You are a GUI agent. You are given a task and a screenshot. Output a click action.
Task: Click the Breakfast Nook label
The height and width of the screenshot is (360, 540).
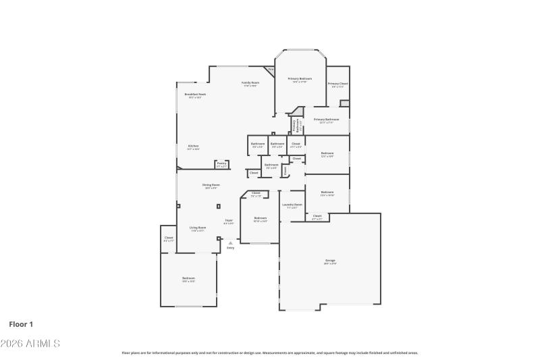[195, 95]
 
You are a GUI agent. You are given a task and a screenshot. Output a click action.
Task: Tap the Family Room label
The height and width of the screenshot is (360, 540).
[250, 83]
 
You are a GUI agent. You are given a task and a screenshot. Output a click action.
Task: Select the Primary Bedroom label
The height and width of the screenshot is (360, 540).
[300, 79]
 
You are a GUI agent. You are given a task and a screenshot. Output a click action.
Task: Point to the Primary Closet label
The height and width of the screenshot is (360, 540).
[337, 84]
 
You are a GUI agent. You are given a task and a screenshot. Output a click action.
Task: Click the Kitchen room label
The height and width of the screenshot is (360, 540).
[193, 147]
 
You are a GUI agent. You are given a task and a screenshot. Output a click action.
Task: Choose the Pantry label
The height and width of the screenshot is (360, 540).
[221, 163]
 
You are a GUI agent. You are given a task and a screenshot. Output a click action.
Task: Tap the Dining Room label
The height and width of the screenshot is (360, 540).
[211, 185]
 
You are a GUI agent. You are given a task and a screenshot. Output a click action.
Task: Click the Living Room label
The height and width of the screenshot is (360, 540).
[197, 228]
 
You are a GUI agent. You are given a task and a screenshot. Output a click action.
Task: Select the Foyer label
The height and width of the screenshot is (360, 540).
[229, 221]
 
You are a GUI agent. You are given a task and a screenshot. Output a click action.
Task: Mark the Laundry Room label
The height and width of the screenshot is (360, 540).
[292, 205]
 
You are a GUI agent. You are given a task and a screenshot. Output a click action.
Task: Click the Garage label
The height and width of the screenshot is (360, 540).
[330, 261]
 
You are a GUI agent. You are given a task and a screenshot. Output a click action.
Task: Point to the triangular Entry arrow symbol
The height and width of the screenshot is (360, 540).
[230, 242]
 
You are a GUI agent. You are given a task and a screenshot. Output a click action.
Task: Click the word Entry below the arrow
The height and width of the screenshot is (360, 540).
[230, 248]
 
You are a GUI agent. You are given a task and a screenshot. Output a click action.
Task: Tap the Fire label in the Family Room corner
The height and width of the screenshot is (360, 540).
[271, 70]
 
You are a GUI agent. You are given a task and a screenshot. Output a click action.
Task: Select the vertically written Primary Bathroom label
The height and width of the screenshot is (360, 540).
[296, 125]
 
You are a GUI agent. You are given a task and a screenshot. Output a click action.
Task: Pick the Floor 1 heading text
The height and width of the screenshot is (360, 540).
[21, 324]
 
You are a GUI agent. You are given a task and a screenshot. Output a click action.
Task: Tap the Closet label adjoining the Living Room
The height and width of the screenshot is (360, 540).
[169, 238]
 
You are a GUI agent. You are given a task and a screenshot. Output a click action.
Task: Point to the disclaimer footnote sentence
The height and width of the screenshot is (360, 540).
[269, 353]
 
